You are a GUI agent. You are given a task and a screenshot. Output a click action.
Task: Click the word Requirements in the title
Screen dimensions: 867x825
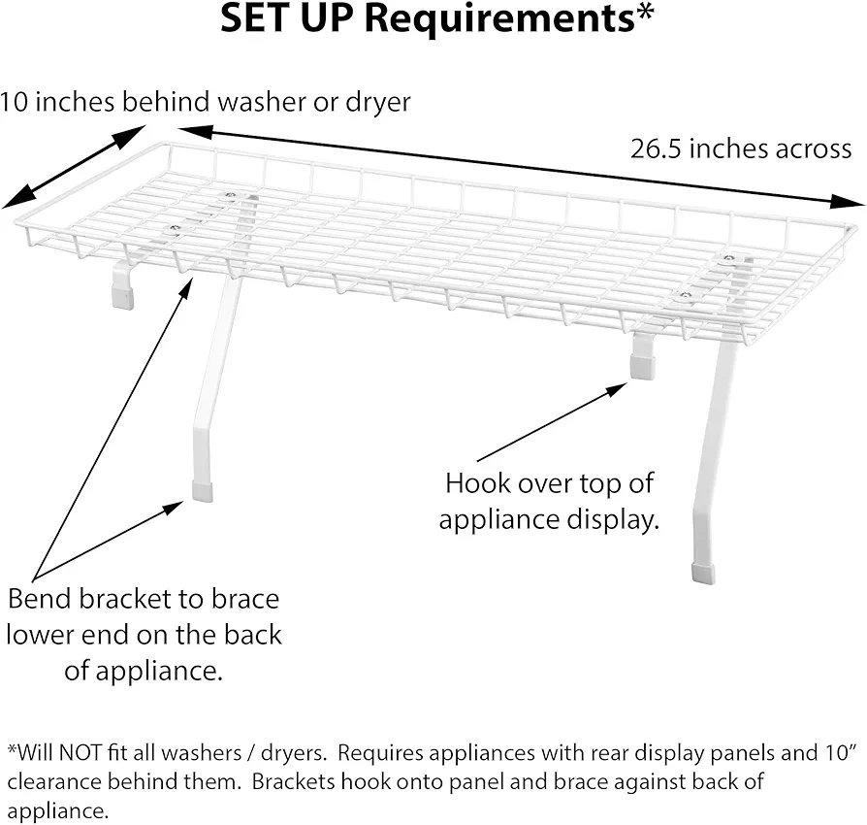pyautogui.click(x=499, y=20)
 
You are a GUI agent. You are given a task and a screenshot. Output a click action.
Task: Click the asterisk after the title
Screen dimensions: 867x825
pyautogui.click(x=645, y=11)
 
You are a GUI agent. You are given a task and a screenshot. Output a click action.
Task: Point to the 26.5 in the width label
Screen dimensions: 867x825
pyautogui.click(x=656, y=148)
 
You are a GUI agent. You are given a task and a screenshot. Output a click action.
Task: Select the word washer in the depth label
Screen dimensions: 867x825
pyautogui.click(x=262, y=102)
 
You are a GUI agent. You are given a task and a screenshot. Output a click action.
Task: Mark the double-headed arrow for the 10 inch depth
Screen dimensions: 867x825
pyautogui.click(x=74, y=167)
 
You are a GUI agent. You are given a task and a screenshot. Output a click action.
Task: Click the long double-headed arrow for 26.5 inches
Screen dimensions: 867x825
pyautogui.click(x=522, y=167)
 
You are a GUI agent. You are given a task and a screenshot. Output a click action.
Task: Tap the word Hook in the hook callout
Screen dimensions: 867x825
pyautogui.click(x=470, y=483)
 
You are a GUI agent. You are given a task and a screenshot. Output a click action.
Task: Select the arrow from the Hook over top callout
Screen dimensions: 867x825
pyautogui.click(x=552, y=421)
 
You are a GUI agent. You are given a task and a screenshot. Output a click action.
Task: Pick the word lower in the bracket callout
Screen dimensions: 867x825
pyautogui.click(x=40, y=635)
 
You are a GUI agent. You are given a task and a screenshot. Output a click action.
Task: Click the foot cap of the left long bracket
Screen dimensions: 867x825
pyautogui.click(x=203, y=491)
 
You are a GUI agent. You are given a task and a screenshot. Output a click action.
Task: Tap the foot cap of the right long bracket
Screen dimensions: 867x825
pyautogui.click(x=703, y=574)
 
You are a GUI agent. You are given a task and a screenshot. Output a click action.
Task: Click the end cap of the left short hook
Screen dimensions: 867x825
pyautogui.click(x=123, y=297)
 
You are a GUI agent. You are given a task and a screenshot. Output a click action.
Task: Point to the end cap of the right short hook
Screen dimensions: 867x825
pyautogui.click(x=642, y=367)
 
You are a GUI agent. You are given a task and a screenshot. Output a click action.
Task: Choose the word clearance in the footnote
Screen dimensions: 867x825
pyautogui.click(x=54, y=781)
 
